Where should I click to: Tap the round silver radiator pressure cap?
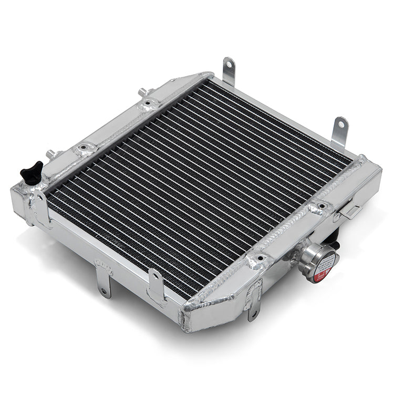pos(318,261)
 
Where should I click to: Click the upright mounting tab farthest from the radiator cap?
pos(229,70)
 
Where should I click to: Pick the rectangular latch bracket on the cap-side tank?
pos(350,211)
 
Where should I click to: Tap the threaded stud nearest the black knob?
pos(51,154)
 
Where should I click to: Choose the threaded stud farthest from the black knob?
pos(142,92)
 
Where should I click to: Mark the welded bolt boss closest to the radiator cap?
pos(257,260)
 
